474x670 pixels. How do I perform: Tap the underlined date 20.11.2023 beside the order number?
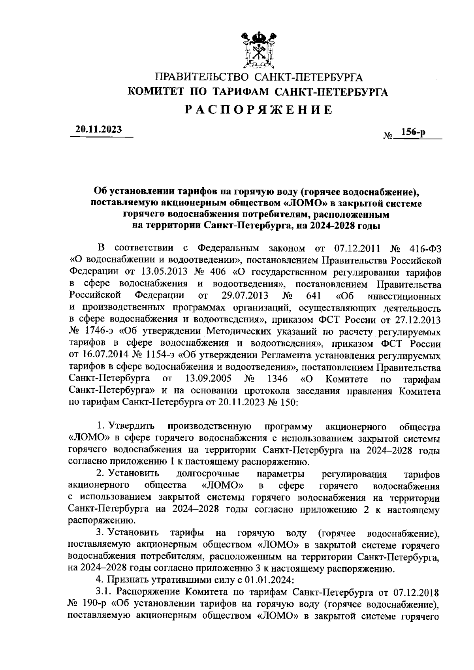click(99, 129)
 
